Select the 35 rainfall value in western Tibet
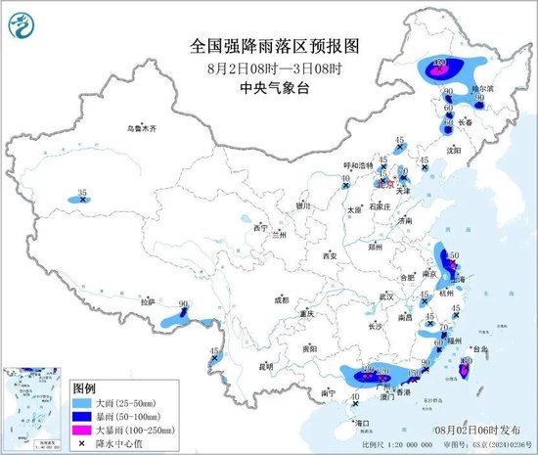pos(82,193)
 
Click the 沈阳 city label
pos(453,152)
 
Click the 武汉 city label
pos(385,296)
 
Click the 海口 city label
pos(364,422)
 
